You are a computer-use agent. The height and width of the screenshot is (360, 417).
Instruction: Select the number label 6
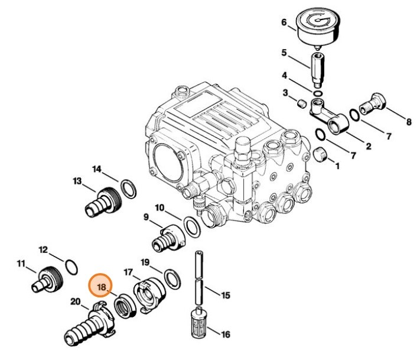pos(284,22)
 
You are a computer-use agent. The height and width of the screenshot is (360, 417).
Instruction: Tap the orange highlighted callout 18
pos(100,287)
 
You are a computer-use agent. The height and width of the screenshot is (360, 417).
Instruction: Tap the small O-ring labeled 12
pos(69,267)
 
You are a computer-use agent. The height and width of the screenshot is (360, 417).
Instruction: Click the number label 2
pos(368,147)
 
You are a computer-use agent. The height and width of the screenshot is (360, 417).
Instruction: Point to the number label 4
pos(284,76)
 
